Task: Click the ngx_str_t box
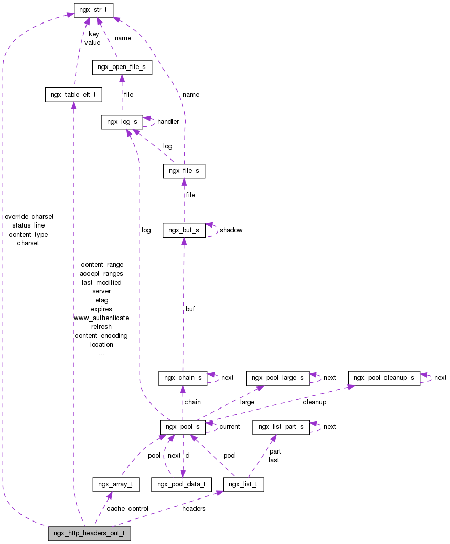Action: pos(93,9)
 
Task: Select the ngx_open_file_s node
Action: pos(122,67)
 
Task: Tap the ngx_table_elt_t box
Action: pos(74,95)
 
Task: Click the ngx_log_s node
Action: pos(122,122)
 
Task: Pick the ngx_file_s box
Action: pos(184,171)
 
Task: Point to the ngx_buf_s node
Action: pos(184,230)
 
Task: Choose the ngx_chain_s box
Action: pos(183,378)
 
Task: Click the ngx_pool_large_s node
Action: pos(278,378)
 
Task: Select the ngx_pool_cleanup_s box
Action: pos(384,378)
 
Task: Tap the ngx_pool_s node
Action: pos(183,426)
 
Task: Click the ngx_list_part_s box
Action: pos(281,426)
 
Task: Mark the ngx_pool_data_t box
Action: pos(181,484)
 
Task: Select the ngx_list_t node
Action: pos(244,484)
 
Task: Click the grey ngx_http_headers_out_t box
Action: pos(89,534)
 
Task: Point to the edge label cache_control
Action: pos(127,509)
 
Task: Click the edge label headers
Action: pos(194,509)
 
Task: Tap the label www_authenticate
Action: pos(101,318)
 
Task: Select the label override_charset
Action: pos(29,217)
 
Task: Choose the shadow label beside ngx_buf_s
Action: pos(231,230)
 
